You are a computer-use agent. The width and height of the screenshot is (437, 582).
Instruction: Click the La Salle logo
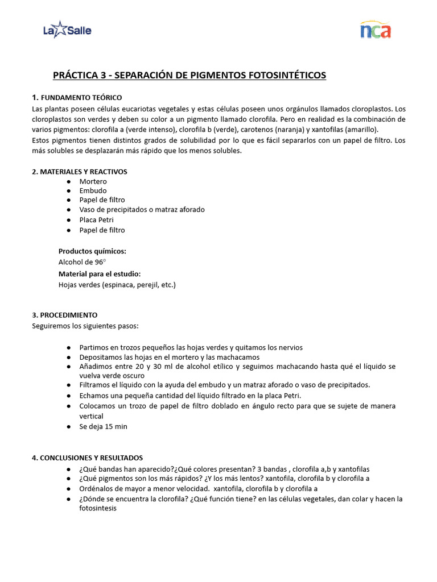pyautogui.click(x=67, y=30)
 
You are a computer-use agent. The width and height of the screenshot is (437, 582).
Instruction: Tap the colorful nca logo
pyautogui.click(x=375, y=30)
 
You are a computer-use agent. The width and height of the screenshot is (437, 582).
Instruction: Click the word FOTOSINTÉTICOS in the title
pyautogui.click(x=280, y=75)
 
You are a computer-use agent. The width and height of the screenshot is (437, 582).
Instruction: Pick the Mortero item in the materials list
pyautogui.click(x=93, y=181)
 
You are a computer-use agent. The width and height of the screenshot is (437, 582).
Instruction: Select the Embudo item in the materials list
pyautogui.click(x=93, y=191)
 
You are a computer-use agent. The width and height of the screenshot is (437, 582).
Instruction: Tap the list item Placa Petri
pyautogui.click(x=96, y=220)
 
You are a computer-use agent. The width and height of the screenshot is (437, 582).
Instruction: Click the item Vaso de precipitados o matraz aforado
pyautogui.click(x=142, y=210)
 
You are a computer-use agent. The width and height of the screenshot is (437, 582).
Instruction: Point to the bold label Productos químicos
pyautogui.click(x=92, y=251)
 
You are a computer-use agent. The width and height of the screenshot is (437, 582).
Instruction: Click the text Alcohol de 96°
pyautogui.click(x=82, y=262)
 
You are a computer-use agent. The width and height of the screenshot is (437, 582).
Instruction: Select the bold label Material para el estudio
pyautogui.click(x=99, y=274)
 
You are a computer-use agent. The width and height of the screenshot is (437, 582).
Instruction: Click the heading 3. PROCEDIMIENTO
pyautogui.click(x=65, y=315)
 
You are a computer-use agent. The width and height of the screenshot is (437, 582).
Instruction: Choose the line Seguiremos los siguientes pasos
pyautogui.click(x=85, y=326)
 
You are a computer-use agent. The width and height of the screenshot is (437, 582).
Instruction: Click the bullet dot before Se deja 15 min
pyautogui.click(x=69, y=427)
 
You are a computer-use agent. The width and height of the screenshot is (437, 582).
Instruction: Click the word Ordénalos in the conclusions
pyautogui.click(x=97, y=489)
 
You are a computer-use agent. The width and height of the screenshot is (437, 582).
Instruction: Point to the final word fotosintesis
pyautogui.click(x=98, y=509)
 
